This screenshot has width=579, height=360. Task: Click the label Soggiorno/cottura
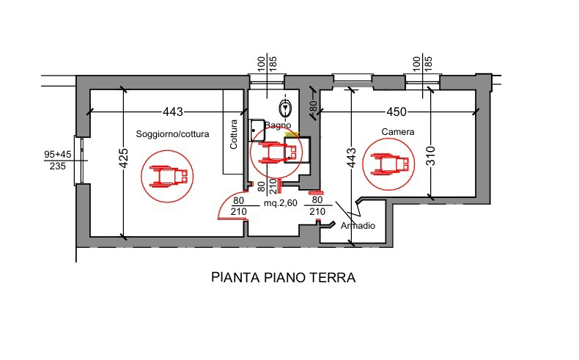click(x=173, y=134)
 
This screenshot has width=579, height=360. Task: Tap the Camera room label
click(x=398, y=133)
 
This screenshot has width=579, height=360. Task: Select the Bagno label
click(x=279, y=126)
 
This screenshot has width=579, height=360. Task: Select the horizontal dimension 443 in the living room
click(x=173, y=112)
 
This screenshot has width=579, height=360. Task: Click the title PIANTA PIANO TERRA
click(x=283, y=278)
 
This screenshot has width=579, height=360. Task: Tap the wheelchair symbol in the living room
click(x=169, y=176)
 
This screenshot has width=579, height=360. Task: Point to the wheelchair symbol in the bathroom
click(x=276, y=153)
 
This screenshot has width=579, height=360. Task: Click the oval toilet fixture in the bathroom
click(x=289, y=109)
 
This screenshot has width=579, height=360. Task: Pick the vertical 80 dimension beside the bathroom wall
click(x=313, y=109)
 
